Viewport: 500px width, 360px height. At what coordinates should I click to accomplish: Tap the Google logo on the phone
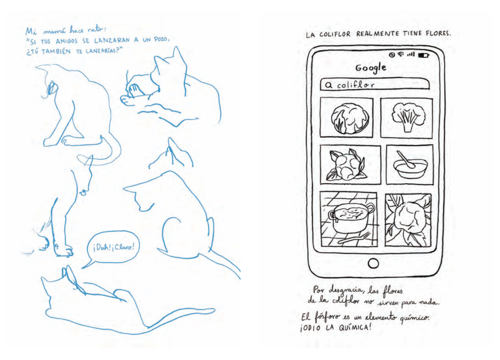pos(371,68)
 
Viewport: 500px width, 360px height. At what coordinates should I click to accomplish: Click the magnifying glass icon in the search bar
pos(328,85)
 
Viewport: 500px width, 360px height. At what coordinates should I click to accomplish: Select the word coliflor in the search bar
pos(355,85)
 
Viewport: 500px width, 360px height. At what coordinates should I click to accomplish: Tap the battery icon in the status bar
pos(424,55)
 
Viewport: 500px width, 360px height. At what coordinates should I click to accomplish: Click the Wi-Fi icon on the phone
pos(401,54)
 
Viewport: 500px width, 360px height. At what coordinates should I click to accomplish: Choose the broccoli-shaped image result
pos(407,118)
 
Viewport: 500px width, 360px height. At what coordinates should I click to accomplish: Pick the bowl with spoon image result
pos(410,165)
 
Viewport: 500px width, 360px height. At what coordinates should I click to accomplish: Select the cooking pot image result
pos(348,219)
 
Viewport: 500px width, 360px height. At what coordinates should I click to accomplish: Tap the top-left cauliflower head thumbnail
pos(347,118)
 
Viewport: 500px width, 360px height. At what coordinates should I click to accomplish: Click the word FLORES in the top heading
pos(438,33)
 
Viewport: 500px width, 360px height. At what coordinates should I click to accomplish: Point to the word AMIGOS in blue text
pos(66,41)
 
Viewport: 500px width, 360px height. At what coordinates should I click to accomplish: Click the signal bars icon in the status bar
pos(411,54)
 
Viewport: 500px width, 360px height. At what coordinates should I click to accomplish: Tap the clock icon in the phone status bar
pos(392,55)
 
